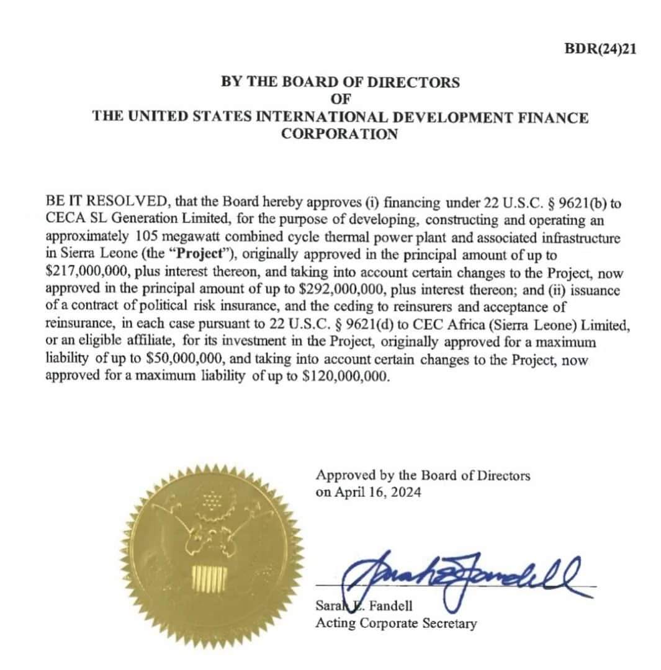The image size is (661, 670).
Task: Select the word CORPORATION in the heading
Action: coord(339,134)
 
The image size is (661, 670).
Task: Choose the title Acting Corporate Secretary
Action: coord(396,622)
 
